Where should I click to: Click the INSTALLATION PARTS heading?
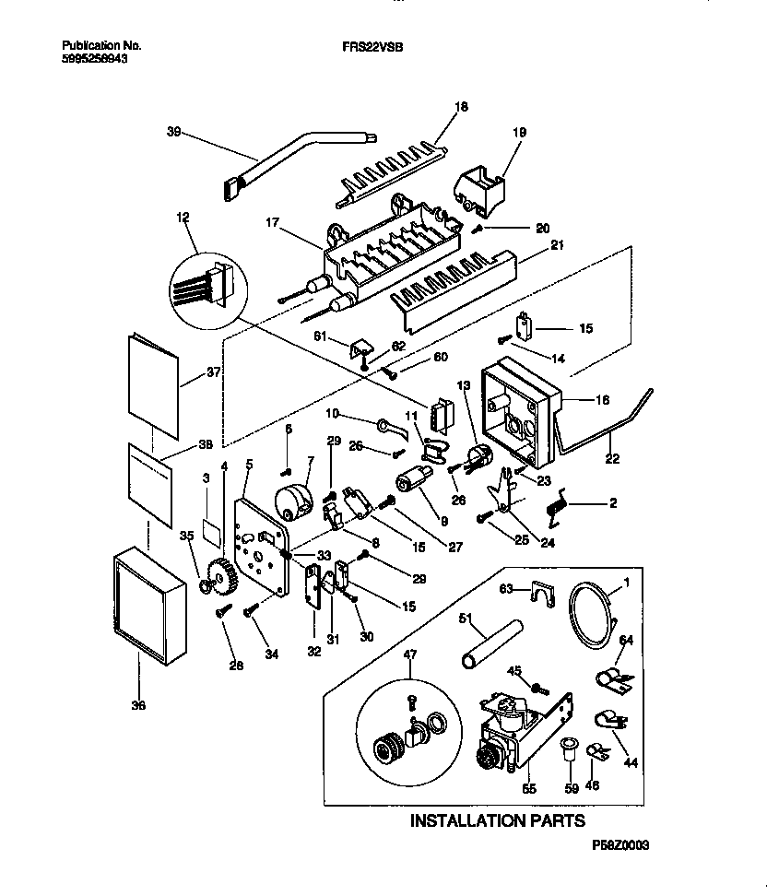click(497, 819)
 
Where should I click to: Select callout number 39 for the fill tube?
click(173, 131)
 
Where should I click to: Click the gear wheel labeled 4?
click(218, 578)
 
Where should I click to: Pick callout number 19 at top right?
click(519, 133)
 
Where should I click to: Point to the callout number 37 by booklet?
click(214, 372)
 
